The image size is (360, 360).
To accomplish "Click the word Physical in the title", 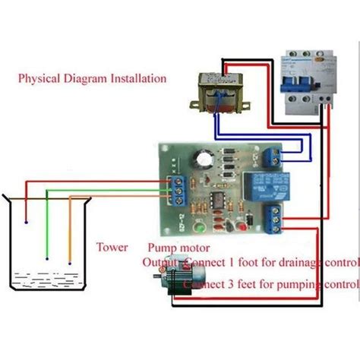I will tap(39, 78).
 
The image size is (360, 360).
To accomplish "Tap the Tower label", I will tap(112, 247).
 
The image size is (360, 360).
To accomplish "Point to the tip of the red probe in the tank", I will tap(26, 223).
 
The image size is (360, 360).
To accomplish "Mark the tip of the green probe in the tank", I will tap(47, 259).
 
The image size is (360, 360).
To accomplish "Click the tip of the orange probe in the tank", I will tap(69, 264).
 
